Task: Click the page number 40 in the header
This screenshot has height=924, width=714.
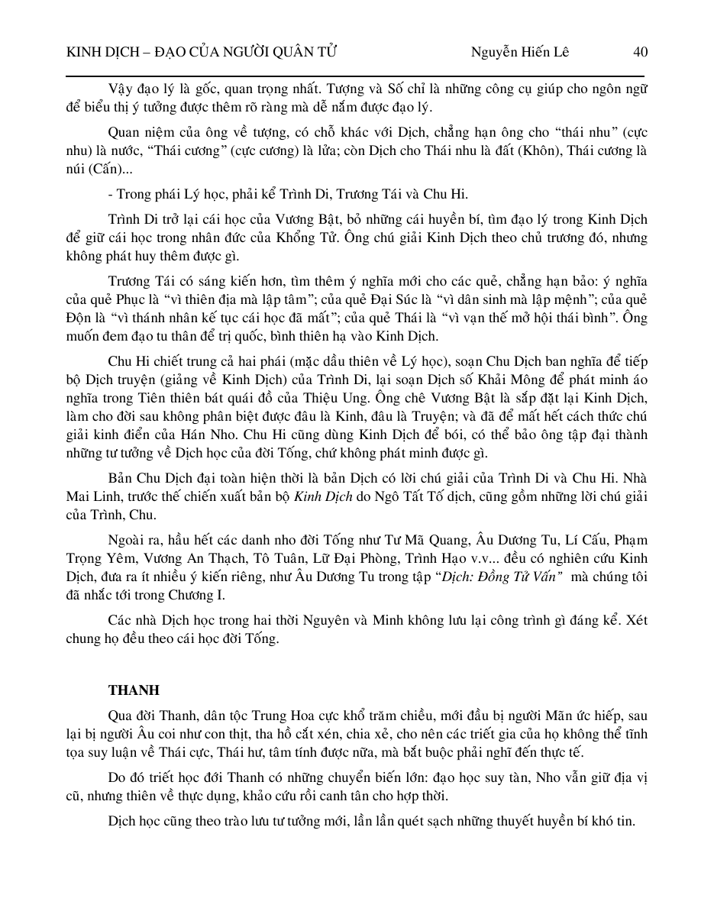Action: pyautogui.click(x=640, y=52)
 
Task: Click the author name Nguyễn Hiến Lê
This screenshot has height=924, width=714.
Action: pyautogui.click(x=519, y=52)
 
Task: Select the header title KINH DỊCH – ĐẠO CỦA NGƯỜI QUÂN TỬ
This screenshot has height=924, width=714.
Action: pyautogui.click(x=202, y=52)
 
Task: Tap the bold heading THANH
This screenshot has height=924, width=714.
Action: pyautogui.click(x=134, y=690)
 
